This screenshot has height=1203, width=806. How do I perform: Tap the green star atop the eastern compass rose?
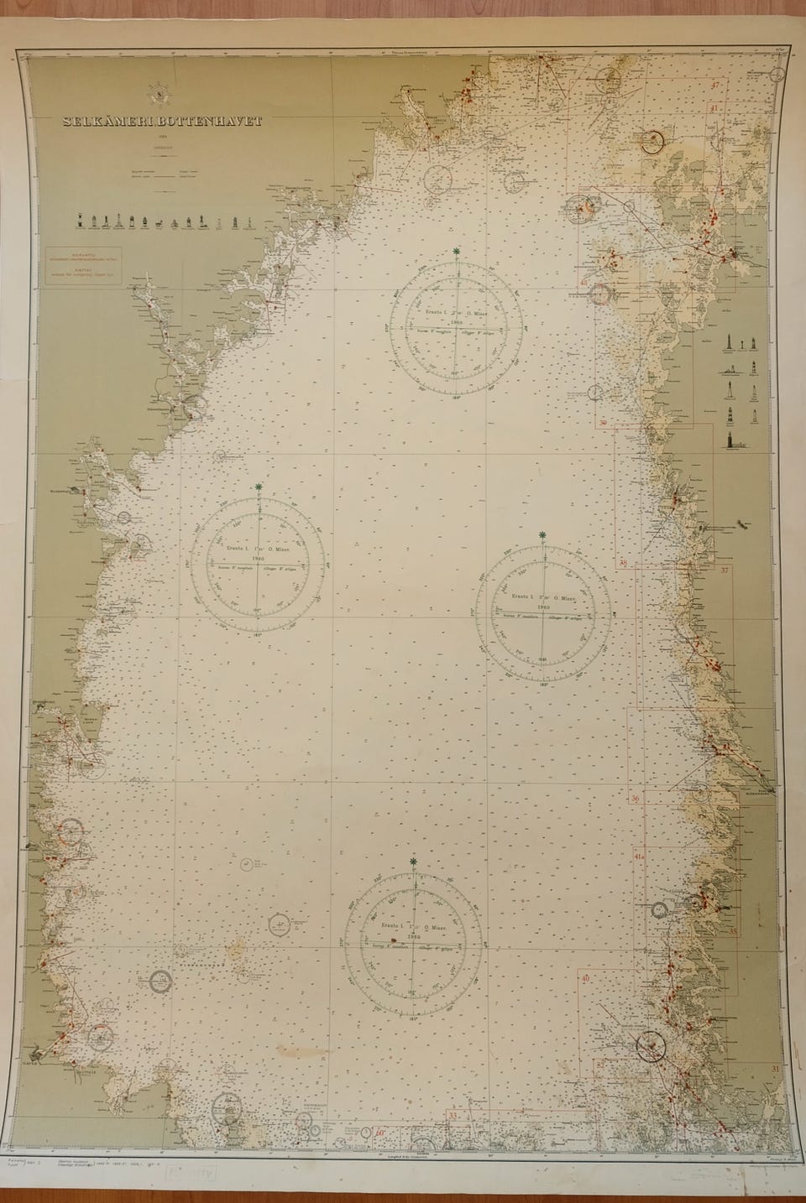tap(544, 534)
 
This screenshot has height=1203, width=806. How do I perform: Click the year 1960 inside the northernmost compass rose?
tap(456, 321)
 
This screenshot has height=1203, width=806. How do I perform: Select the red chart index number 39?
tap(604, 423)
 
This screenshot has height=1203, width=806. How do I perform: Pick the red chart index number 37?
tap(725, 570)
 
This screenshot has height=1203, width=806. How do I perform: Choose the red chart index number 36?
tap(636, 798)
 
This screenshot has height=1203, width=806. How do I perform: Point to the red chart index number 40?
tap(585, 978)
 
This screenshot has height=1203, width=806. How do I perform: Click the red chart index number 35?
tap(733, 930)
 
